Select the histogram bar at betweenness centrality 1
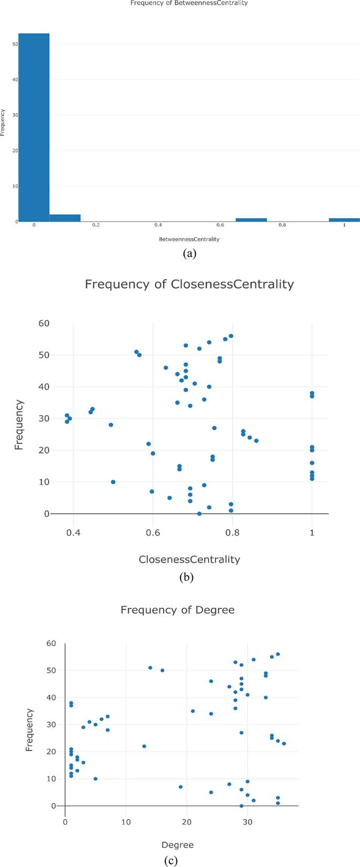[344, 219]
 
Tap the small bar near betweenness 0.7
[251, 219]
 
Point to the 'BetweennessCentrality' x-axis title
[189, 239]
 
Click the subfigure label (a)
[189, 253]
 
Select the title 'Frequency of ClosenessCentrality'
[189, 284]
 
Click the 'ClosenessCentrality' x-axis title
[189, 559]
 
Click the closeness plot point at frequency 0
[199, 513]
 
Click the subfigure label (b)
[187, 577]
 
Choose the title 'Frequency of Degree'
[177, 610]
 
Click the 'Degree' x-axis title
[177, 845]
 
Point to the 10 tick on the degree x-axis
[125, 818]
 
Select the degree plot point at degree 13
[144, 746]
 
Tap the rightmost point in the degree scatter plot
[284, 743]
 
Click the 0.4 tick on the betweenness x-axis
[158, 225]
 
